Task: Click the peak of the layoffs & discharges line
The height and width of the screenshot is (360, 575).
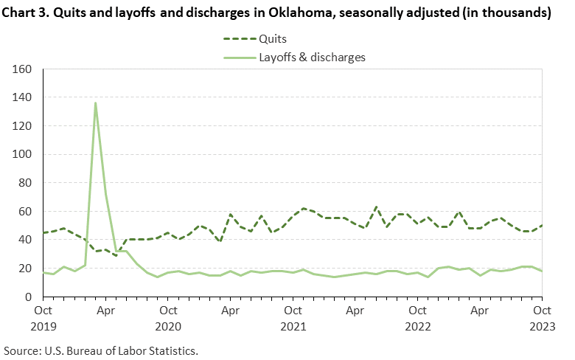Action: click(95, 103)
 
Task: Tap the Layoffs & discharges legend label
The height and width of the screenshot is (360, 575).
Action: click(312, 56)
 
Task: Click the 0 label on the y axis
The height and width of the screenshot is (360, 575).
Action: click(30, 297)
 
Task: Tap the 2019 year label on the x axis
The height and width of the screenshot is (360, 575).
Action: click(43, 325)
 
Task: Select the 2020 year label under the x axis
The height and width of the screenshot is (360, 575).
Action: click(168, 325)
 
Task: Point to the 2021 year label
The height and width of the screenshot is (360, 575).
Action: click(293, 325)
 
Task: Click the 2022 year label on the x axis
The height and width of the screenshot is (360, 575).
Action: click(417, 325)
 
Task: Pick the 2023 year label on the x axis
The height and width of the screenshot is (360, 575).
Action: click(542, 325)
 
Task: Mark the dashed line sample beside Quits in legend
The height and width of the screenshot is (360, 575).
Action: click(236, 39)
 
